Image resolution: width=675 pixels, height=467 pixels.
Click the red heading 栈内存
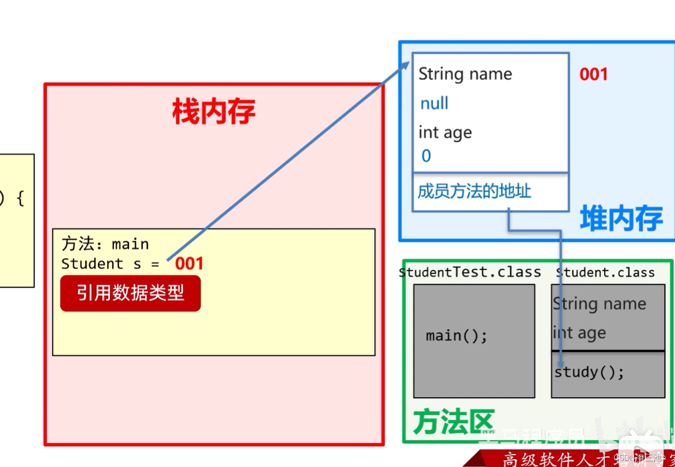[x=214, y=111]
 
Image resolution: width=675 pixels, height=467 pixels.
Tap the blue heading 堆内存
[x=621, y=218]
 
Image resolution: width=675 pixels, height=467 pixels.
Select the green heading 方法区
[x=453, y=422]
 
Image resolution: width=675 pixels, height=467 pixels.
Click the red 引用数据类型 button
[x=130, y=292]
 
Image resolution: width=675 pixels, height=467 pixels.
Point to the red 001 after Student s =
[x=189, y=264]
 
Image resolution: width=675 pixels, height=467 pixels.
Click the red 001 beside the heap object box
[x=593, y=74]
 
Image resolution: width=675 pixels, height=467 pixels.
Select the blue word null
[x=434, y=103]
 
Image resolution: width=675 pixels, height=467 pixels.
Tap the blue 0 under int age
[x=426, y=156]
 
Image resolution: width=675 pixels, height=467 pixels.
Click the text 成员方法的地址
[x=474, y=192]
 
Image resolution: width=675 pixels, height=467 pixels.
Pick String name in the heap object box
[x=465, y=74]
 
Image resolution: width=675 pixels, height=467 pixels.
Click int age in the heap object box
[x=445, y=132]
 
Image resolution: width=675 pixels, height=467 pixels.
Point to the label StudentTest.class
[x=470, y=272]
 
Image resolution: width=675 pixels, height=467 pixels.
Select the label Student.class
[x=605, y=272]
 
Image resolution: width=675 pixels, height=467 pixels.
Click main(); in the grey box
[x=457, y=336]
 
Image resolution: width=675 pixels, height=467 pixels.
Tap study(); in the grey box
[x=589, y=372]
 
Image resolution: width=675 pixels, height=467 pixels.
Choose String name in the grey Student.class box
[x=599, y=304]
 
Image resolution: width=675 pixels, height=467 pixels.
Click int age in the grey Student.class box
[x=579, y=333]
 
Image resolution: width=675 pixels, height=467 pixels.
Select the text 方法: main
[x=105, y=244]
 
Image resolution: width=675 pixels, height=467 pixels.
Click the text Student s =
[x=110, y=264]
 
